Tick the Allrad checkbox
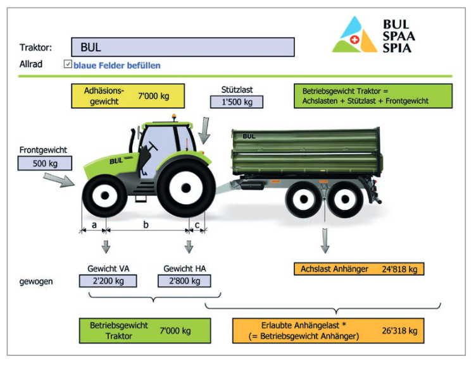click(68, 64)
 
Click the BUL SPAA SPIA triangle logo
click(354, 36)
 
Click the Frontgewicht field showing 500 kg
click(46, 163)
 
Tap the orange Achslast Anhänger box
click(359, 269)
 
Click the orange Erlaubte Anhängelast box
click(328, 331)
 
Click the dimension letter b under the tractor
click(146, 224)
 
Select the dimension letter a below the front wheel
click(94, 224)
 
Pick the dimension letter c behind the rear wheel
click(197, 224)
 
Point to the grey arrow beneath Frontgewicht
click(62, 180)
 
